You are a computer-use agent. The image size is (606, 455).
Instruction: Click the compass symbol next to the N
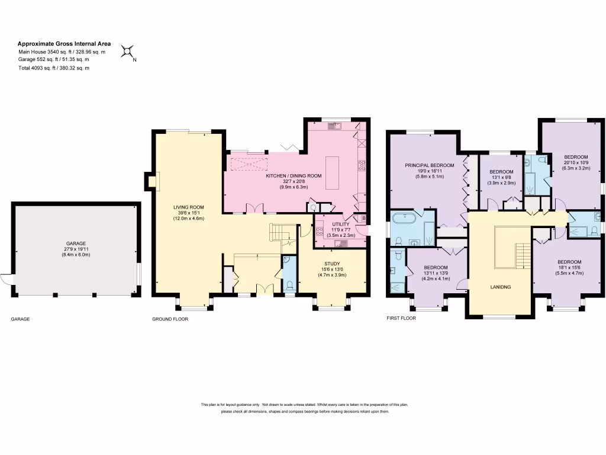(127, 52)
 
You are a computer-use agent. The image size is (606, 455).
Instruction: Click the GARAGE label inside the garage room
(76, 243)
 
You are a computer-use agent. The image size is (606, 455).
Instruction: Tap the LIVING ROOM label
(188, 207)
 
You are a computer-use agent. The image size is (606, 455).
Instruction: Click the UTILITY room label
(340, 224)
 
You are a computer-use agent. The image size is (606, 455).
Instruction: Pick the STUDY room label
(332, 264)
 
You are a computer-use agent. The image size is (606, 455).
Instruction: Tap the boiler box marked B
(363, 219)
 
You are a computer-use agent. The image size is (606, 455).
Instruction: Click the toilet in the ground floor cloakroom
(288, 286)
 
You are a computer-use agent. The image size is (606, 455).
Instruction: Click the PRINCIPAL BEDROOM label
(429, 165)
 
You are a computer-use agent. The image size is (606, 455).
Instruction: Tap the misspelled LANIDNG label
(500, 287)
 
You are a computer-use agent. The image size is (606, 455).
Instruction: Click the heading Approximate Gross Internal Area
(64, 43)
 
